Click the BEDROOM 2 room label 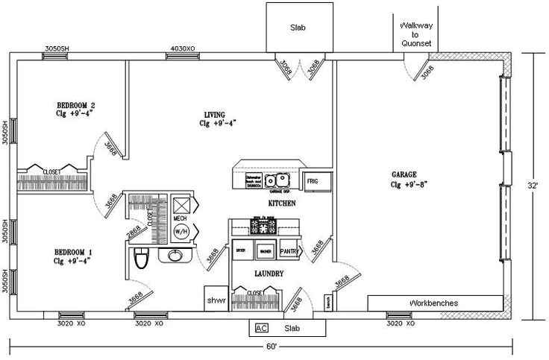pyautogui.click(x=78, y=105)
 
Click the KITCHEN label pyautogui.click(x=282, y=203)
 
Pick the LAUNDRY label pyautogui.click(x=269, y=274)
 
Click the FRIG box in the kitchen pyautogui.click(x=312, y=180)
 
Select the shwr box pyautogui.click(x=216, y=300)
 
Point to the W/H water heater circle pyautogui.click(x=181, y=231)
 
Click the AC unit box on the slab pyautogui.click(x=262, y=328)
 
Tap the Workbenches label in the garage pyautogui.click(x=433, y=303)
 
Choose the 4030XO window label pyautogui.click(x=183, y=48)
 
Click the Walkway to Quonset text pyautogui.click(x=415, y=34)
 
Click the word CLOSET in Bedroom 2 pyautogui.click(x=51, y=172)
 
